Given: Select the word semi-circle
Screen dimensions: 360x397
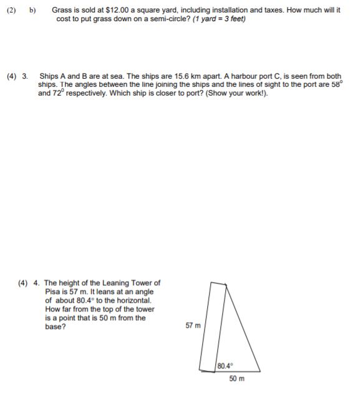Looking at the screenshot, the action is [x=154, y=19].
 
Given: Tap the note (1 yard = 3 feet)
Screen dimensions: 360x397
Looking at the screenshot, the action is [x=211, y=19].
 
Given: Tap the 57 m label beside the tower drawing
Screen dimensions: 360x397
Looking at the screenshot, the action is [x=193, y=325].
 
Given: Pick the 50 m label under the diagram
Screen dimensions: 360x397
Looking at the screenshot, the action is [x=236, y=378].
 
